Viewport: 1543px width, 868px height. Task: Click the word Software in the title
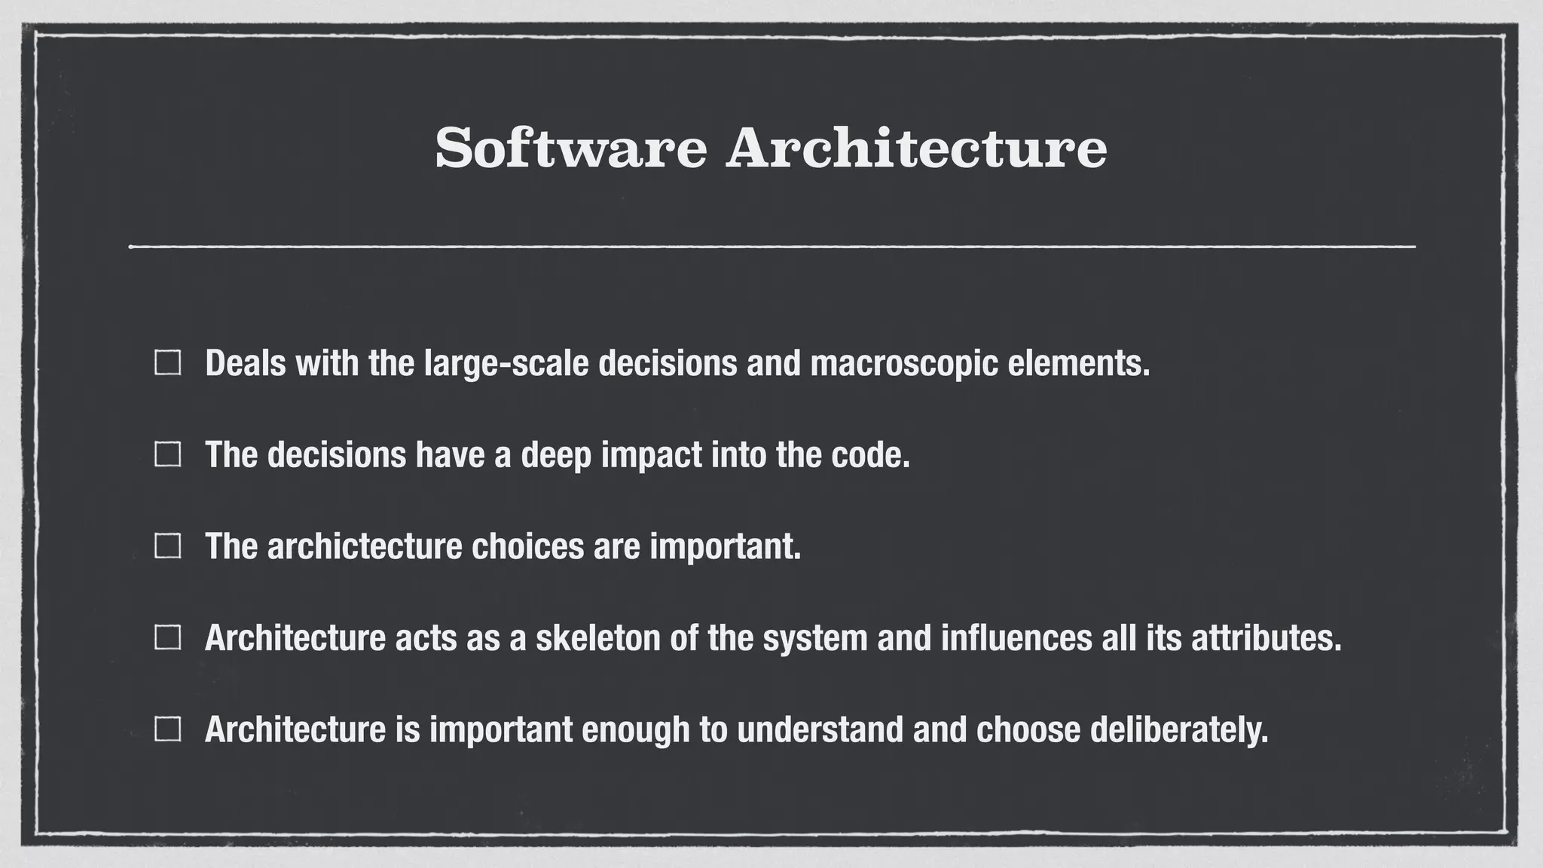pyautogui.click(x=570, y=148)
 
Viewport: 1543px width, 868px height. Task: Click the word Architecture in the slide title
pyautogui.click(x=916, y=148)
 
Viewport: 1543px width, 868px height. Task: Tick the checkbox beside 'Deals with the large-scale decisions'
pyautogui.click(x=167, y=363)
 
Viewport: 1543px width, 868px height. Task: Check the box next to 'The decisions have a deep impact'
pyautogui.click(x=167, y=454)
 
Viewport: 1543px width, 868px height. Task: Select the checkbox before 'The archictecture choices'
pyautogui.click(x=167, y=546)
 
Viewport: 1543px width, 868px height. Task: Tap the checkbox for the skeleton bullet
pyautogui.click(x=167, y=637)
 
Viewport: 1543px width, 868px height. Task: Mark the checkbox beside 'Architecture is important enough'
pyautogui.click(x=167, y=729)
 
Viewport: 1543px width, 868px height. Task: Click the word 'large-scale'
pyautogui.click(x=506, y=363)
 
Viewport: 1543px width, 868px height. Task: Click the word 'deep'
pyautogui.click(x=556, y=454)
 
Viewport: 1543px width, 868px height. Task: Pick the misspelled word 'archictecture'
pyautogui.click(x=365, y=546)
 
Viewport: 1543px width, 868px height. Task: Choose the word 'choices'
pyautogui.click(x=527, y=546)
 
